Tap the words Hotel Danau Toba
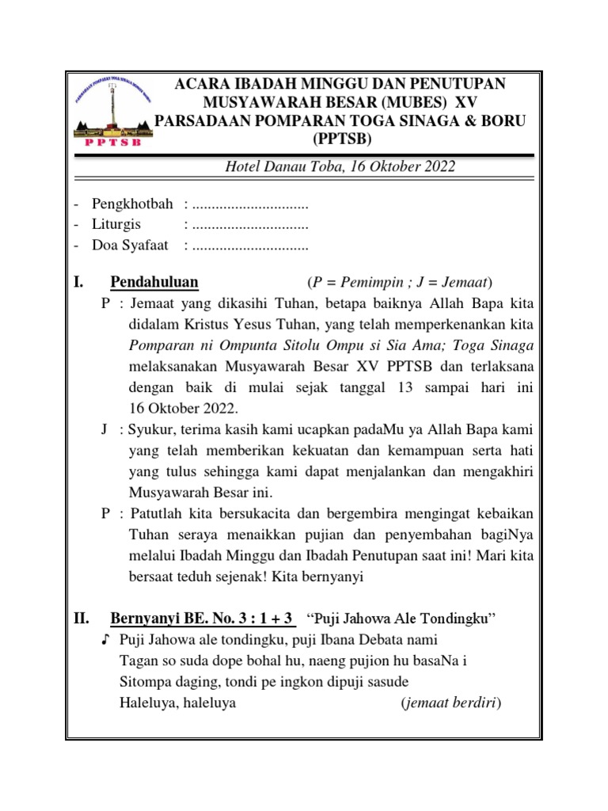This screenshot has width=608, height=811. pyautogui.click(x=277, y=167)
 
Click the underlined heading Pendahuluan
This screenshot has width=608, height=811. pyautogui.click(x=154, y=283)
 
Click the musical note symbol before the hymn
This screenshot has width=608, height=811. pyautogui.click(x=105, y=638)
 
